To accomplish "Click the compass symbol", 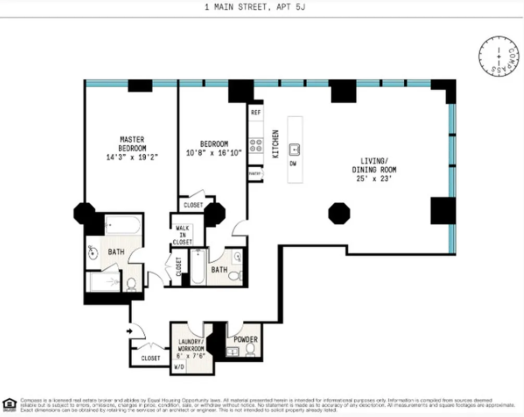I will pyautogui.click(x=498, y=56).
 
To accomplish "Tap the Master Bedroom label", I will pyautogui.click(x=132, y=144).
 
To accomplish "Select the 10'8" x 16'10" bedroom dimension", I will pyautogui.click(x=214, y=153).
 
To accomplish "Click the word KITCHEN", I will pyautogui.click(x=276, y=144).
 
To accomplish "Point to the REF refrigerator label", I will pyautogui.click(x=256, y=113).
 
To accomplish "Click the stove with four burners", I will pyautogui.click(x=256, y=144).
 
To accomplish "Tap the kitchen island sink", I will pyautogui.click(x=295, y=150).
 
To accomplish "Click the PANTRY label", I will pyautogui.click(x=255, y=173).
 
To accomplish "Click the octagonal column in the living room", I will pyautogui.click(x=339, y=213).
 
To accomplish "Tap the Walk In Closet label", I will pyautogui.click(x=183, y=235).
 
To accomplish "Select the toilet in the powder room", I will pyautogui.click(x=251, y=349).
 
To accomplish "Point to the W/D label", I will pyautogui.click(x=178, y=366).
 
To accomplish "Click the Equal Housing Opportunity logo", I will pyautogui.click(x=9, y=404).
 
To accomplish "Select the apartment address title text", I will pyautogui.click(x=261, y=8).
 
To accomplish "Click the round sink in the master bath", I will pyautogui.click(x=92, y=254).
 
